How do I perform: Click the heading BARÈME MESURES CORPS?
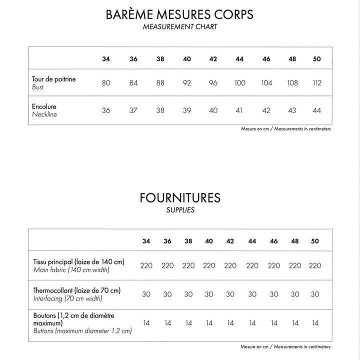click(x=180, y=14)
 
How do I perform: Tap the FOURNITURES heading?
click(x=180, y=197)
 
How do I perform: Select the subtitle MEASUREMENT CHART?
click(x=180, y=26)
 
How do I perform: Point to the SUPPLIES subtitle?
click(x=180, y=210)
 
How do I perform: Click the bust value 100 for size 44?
click(x=239, y=82)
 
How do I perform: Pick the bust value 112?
click(x=316, y=82)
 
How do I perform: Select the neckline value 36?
click(x=106, y=110)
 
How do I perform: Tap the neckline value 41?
click(x=239, y=110)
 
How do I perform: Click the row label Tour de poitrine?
click(x=54, y=79)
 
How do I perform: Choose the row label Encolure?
click(x=44, y=106)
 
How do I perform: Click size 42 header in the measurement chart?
click(x=213, y=59)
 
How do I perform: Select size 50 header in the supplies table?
click(x=315, y=241)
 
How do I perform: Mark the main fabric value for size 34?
click(x=146, y=265)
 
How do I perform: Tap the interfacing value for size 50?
click(x=315, y=294)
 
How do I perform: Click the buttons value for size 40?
click(x=209, y=323)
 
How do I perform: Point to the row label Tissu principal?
click(x=78, y=261)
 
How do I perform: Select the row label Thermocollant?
click(x=76, y=290)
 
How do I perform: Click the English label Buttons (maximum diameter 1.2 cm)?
click(x=82, y=331)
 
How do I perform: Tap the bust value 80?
click(x=106, y=82)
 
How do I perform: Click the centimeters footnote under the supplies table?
click(x=285, y=346)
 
